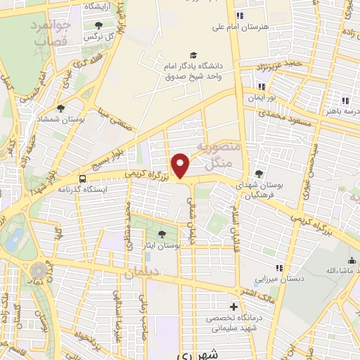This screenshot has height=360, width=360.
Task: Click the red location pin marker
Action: pos(181,165)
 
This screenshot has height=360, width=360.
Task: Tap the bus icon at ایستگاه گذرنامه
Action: pos(83,179)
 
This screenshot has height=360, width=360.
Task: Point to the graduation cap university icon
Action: pos(193,56)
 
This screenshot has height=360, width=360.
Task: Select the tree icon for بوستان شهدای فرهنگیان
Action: pos(259,174)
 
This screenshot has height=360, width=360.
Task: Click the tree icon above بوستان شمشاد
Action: pos(61,109)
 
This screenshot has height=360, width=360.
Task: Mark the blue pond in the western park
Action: pos(14,238)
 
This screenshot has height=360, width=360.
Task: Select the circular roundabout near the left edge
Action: pos(39,270)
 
